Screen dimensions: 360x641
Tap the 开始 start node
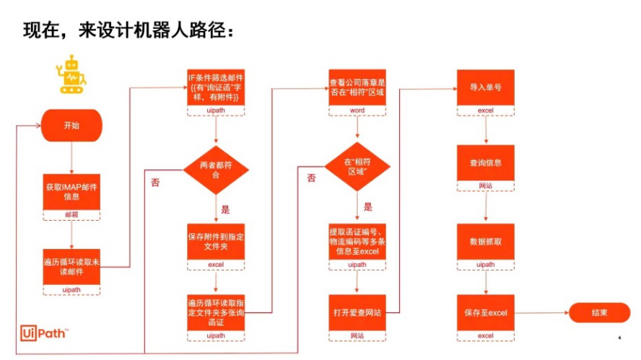(71, 125)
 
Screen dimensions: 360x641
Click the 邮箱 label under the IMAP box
(71, 215)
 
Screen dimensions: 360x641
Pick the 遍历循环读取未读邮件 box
(71, 266)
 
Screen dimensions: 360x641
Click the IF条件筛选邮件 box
(216, 88)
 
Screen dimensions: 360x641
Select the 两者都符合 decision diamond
(216, 170)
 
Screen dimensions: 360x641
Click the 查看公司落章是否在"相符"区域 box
(357, 88)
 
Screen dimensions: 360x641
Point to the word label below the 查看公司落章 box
(357, 110)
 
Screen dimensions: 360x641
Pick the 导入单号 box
(485, 88)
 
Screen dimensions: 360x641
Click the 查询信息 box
(485, 163)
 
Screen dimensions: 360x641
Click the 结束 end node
(598, 312)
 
